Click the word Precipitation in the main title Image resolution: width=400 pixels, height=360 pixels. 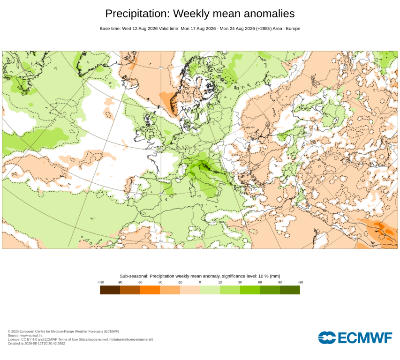pyautogui.click(x=137, y=14)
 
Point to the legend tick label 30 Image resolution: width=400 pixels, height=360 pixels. pyautogui.click(x=240, y=282)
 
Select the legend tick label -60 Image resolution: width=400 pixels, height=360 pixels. pyautogui.click(x=140, y=282)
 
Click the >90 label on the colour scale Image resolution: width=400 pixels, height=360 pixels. pyautogui.click(x=300, y=282)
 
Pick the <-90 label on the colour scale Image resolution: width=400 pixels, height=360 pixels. pyautogui.click(x=101, y=282)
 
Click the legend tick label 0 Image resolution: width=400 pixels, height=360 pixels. pyautogui.click(x=200, y=282)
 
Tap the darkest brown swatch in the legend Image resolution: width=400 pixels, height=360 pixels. pyautogui.click(x=110, y=290)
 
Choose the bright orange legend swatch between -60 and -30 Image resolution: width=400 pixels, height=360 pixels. pyautogui.click(x=150, y=290)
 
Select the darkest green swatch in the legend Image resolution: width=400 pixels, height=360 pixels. pyautogui.click(x=290, y=290)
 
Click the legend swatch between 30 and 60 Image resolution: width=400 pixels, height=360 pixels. pyautogui.click(x=250, y=290)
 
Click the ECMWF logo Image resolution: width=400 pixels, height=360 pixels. pyautogui.click(x=355, y=338)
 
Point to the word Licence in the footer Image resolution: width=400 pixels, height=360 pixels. pyautogui.click(x=14, y=339)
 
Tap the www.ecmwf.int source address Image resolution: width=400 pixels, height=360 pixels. pyautogui.click(x=31, y=336)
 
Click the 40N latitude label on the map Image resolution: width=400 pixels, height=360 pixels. pyautogui.click(x=161, y=194)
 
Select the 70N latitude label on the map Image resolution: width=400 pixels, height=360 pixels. pyautogui.click(x=161, y=67)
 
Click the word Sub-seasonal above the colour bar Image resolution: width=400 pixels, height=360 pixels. pyautogui.click(x=134, y=276)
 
